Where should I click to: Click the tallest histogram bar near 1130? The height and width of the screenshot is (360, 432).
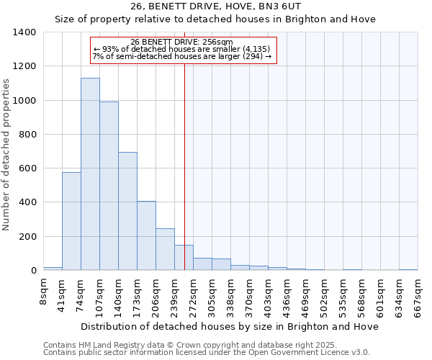coord(90,174)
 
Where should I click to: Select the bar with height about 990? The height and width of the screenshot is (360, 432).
coord(109,186)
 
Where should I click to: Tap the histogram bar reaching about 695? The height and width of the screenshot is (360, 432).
coord(127,211)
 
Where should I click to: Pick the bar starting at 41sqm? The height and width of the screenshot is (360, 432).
coord(71,221)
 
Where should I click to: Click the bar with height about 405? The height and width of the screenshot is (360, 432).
coord(146,235)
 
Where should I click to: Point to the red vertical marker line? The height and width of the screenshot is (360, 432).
coord(185,158)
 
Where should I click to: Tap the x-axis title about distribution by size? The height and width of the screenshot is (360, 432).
coord(230,326)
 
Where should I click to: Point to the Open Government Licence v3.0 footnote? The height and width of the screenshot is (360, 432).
coord(207,353)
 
